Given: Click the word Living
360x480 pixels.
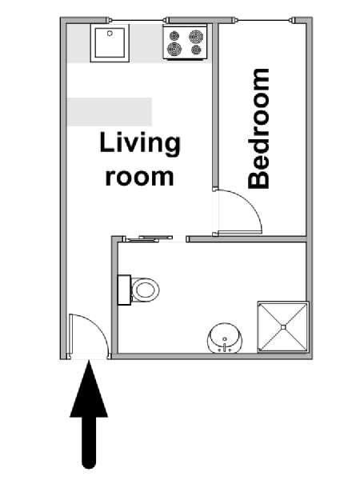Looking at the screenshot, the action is click(140, 145).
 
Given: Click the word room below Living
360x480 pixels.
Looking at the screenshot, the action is click(139, 178).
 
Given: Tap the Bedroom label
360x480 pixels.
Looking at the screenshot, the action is click(259, 129).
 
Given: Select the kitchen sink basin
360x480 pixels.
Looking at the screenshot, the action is click(110, 43).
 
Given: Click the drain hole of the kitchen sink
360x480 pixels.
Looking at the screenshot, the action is click(110, 34).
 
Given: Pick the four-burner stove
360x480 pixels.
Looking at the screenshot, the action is click(185, 42).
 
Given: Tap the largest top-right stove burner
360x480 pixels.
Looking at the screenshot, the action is click(196, 37).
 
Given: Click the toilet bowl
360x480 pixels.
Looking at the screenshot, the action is click(145, 290).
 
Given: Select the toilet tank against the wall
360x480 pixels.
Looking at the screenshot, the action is click(124, 290).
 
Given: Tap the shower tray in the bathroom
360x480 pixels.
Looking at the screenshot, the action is click(283, 327).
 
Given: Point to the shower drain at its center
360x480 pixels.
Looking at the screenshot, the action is click(283, 327).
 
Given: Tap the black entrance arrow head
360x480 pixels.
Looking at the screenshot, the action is click(89, 389).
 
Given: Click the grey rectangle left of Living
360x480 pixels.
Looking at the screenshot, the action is click(110, 112).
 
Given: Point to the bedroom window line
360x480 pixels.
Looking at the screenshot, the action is click(264, 21).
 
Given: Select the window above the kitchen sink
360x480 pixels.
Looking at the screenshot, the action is click(138, 21).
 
